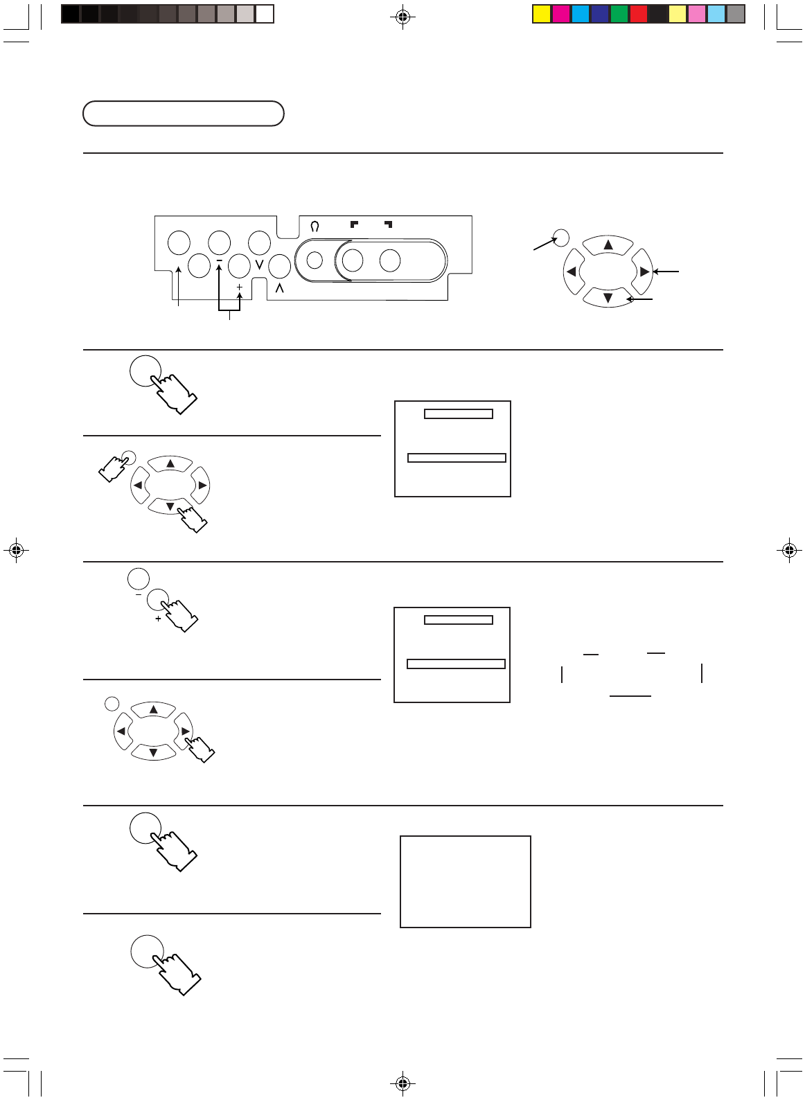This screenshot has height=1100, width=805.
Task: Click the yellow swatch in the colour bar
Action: click(541, 14)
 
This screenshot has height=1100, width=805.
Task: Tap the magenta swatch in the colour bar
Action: click(560, 14)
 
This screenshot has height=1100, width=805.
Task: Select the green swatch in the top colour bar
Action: click(619, 14)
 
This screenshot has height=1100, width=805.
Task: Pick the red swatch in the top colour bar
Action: click(638, 14)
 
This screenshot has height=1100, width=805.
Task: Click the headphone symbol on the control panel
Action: click(315, 226)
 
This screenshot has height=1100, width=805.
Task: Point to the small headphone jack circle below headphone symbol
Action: click(315, 260)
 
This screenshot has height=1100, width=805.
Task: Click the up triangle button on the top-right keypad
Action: click(608, 245)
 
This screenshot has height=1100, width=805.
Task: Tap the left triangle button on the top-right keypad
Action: click(572, 272)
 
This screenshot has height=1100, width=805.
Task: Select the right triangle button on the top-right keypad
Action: click(644, 272)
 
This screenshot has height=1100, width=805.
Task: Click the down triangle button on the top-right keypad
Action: click(608, 299)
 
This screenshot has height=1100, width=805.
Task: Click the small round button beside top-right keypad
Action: click(562, 238)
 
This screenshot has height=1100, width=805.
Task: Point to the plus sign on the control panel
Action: click(240, 287)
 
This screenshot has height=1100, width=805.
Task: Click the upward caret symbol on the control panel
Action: click(278, 288)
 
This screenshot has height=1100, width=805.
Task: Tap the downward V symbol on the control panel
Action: click(259, 265)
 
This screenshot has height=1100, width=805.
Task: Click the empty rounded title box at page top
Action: click(184, 114)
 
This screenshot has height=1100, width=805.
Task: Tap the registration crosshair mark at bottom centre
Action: click(402, 1082)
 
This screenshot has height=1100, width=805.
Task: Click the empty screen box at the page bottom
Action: click(466, 881)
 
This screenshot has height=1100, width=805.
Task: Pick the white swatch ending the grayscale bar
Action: click(264, 14)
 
